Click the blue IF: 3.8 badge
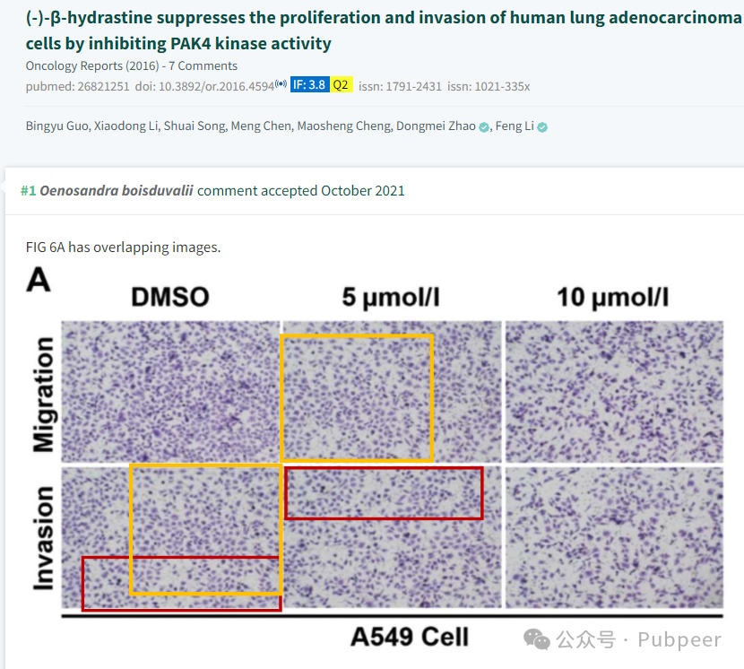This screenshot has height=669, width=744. pos(309,85)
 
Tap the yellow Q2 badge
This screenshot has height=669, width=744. pos(341,85)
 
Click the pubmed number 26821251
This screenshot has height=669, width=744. pos(103,86)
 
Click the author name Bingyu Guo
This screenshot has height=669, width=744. pos(57,126)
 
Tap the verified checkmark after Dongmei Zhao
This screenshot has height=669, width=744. pos(483,127)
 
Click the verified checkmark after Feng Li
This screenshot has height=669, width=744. pos(542,127)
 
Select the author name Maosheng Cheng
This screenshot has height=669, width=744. pos(344,126)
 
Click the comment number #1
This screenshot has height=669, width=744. pos(28,191)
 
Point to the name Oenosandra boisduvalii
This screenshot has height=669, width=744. pos(117,191)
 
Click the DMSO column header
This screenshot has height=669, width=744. pos(170,297)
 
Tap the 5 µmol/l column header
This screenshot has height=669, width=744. pos(391,298)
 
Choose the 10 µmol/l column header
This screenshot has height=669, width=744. pos(612,298)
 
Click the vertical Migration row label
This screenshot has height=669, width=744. pos(44,395)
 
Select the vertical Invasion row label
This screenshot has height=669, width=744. pos(44,538)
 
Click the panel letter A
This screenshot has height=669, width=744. pos(39,279)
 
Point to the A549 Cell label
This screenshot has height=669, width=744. pos(410,637)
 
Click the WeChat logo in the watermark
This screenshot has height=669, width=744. pos(537,639)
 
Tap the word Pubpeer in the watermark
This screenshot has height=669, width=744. pos(679,640)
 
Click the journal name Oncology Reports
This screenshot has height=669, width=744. pos(74,66)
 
